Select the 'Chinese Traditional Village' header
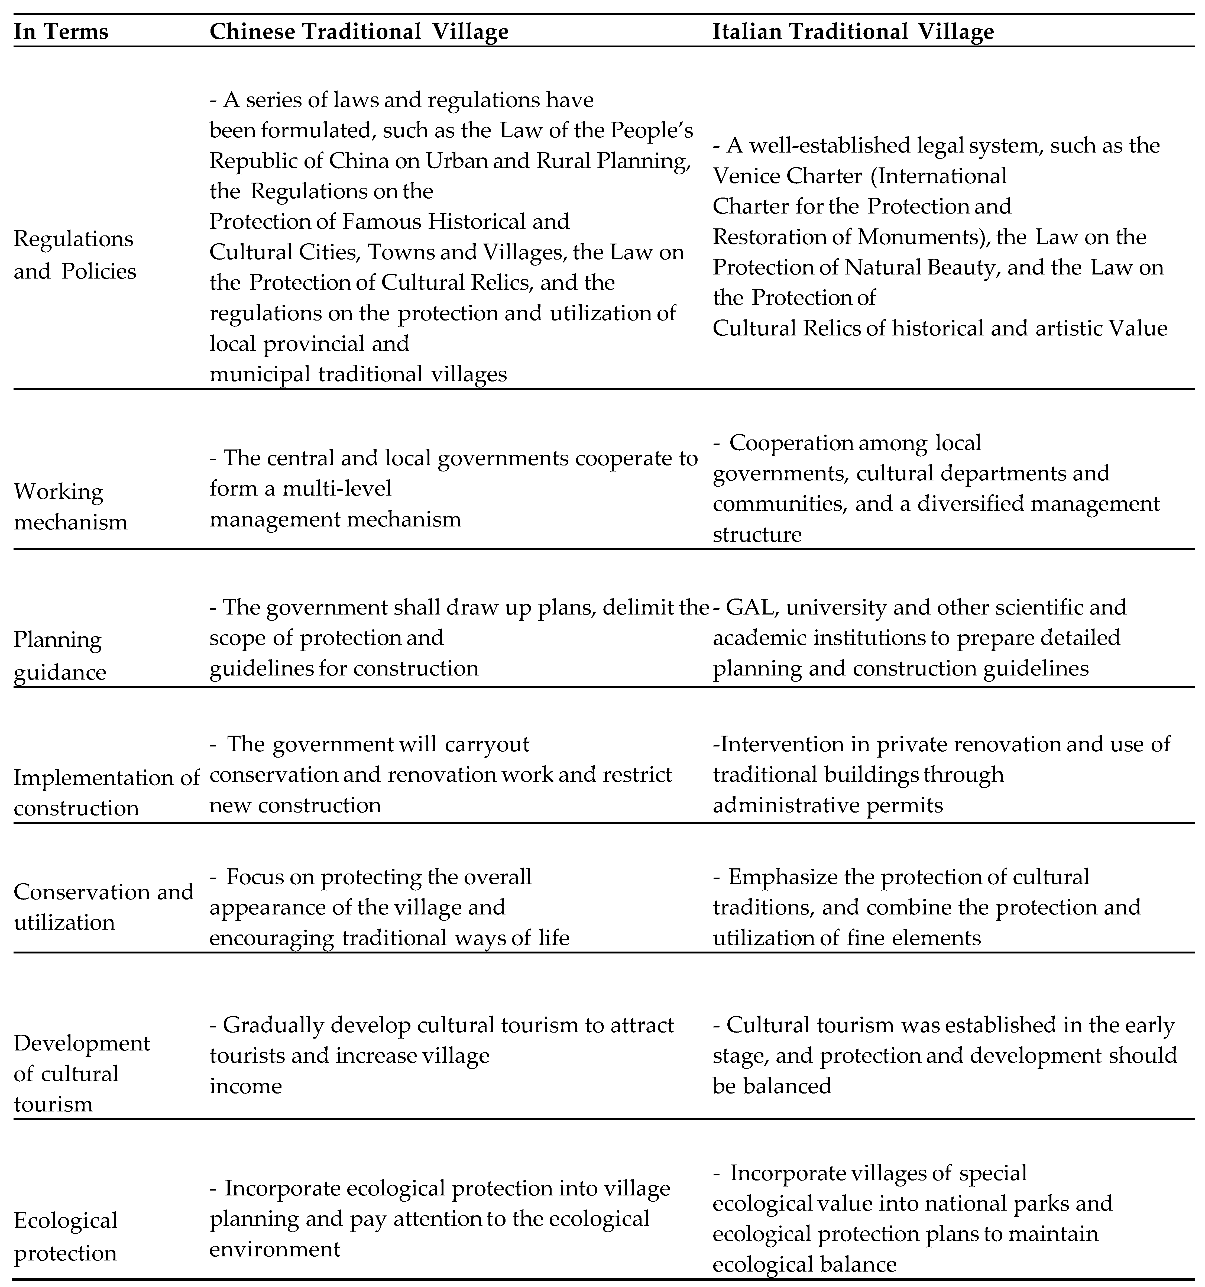[358, 32]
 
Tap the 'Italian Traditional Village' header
[853, 32]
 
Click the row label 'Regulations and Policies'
[74, 254]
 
